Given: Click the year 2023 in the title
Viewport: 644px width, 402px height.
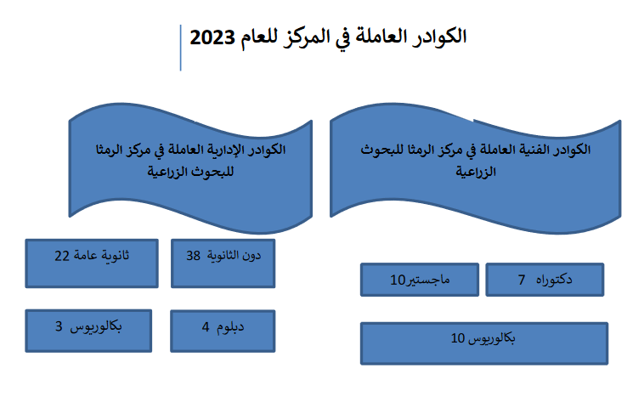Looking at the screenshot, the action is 212,37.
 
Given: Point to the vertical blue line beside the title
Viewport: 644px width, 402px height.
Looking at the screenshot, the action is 181,48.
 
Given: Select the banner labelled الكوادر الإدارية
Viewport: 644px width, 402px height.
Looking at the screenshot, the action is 190,168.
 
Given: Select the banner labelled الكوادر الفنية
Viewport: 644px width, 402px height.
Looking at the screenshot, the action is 475,168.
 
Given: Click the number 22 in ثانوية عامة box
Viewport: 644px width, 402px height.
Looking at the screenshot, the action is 62,256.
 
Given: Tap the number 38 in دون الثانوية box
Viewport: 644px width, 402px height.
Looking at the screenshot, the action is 193,256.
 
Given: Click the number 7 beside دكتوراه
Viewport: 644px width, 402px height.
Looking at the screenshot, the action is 522,280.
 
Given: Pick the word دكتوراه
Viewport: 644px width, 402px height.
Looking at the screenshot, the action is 554,280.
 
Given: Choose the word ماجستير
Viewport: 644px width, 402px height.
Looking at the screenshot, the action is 427,280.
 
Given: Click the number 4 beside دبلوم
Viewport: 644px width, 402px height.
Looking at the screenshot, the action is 206,327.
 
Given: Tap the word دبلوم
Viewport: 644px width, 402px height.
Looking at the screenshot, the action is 230,327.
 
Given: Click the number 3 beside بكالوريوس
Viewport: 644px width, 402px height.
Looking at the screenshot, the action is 59,326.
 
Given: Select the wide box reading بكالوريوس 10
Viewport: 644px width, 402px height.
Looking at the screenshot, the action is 484,343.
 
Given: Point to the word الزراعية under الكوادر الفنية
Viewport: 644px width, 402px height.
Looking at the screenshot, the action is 476,172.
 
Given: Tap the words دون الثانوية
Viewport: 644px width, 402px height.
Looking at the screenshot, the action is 234,256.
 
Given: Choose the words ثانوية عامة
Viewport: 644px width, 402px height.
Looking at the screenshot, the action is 102,256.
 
